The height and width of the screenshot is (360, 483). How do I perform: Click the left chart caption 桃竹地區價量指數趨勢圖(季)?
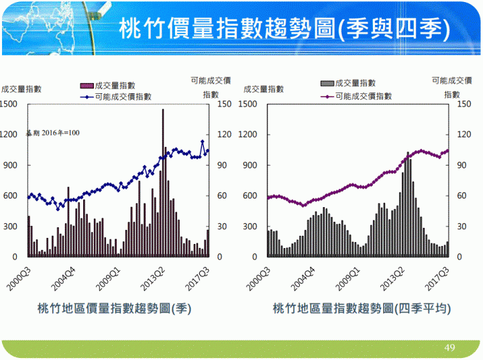click(115, 308)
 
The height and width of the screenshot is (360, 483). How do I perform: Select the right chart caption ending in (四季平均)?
click(362, 308)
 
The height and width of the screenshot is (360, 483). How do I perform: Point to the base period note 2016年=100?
click(53, 133)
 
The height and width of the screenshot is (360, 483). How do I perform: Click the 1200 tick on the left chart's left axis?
click(9, 134)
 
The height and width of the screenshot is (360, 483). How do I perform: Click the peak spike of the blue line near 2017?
click(203, 141)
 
